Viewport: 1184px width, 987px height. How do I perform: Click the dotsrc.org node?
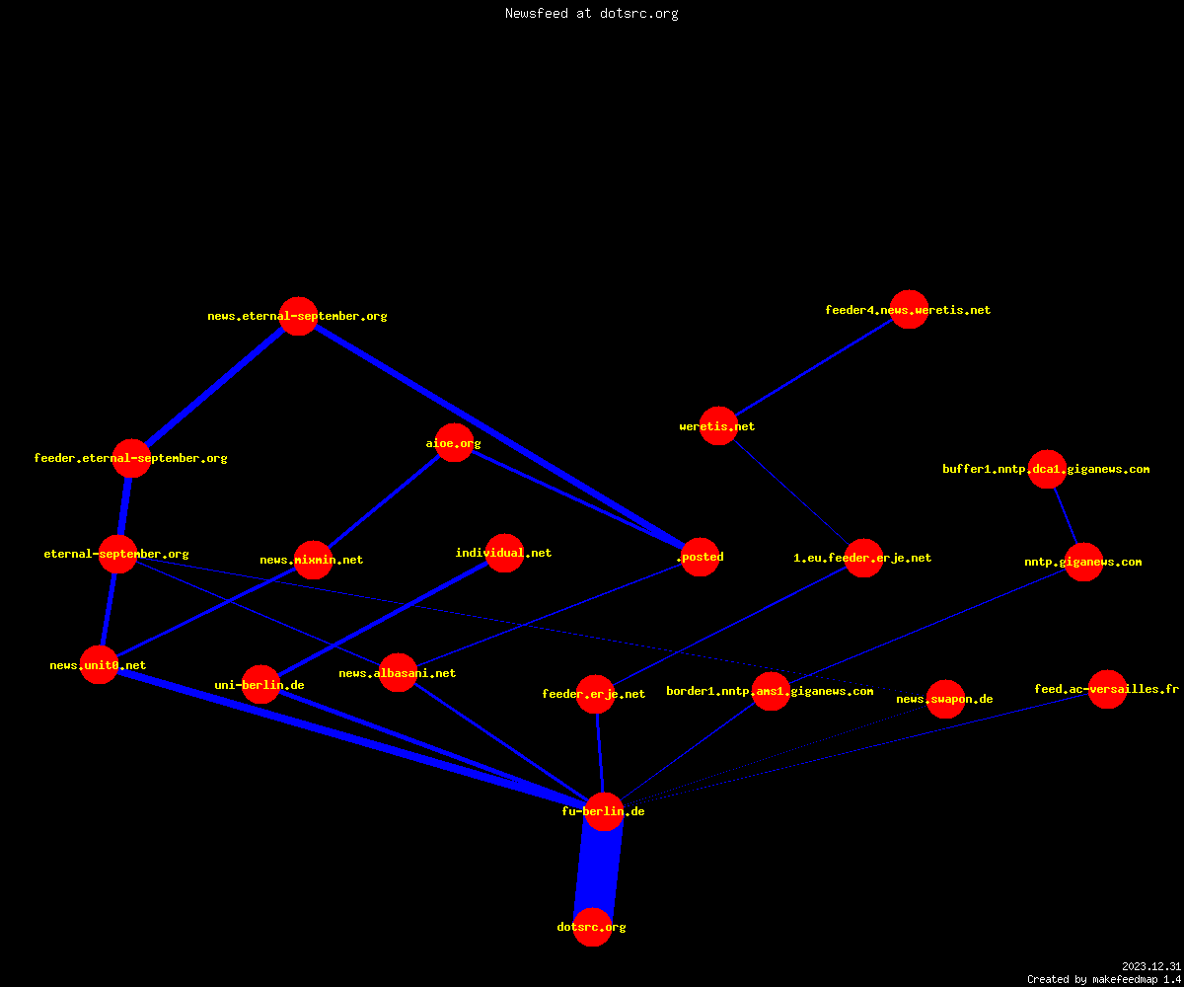coord(592,927)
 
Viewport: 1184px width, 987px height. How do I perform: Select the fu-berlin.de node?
coord(604,811)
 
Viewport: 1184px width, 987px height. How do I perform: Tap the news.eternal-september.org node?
coord(298,316)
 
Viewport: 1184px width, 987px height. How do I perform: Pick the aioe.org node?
coord(454,442)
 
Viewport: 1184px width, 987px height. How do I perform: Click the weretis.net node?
coord(718,426)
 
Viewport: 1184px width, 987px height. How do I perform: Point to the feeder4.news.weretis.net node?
coord(909,309)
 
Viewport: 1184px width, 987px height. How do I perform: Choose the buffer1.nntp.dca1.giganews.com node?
coord(1047,469)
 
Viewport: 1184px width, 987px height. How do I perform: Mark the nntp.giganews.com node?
coord(1083,563)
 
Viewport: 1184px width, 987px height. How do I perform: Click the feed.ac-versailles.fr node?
coord(1107,689)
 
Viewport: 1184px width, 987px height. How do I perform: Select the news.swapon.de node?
coord(945,699)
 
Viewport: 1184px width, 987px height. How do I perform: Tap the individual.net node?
coord(504,553)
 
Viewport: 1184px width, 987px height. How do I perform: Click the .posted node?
coord(701,557)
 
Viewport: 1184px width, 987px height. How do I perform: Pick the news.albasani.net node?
coord(398,673)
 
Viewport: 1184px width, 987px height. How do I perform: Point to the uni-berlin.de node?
coord(260,685)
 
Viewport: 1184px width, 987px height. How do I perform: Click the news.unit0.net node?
coord(100,665)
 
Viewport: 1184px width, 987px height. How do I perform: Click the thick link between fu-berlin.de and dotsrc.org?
coord(598,870)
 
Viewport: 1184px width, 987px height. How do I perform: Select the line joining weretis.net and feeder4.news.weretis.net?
coord(814,367)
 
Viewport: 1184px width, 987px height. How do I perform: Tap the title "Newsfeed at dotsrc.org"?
coord(591,13)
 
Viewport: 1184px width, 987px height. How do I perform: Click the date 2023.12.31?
coord(1151,966)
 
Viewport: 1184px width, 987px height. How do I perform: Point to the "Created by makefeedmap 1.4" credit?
coord(1104,979)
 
